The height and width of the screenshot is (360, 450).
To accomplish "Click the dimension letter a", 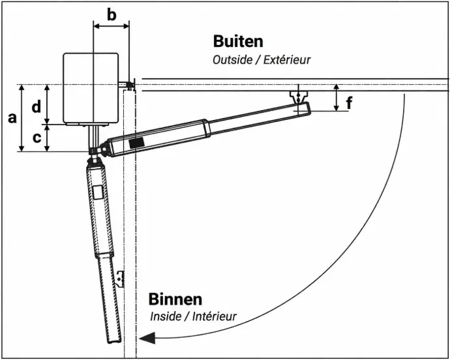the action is (x=12, y=118).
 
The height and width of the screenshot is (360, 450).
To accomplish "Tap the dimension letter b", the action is (x=112, y=14).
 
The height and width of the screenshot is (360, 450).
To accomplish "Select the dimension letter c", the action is (x=37, y=138).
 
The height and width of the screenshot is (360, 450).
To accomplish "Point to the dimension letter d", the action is (x=37, y=106).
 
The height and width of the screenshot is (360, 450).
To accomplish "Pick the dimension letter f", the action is (x=349, y=102).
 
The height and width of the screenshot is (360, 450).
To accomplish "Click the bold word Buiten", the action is (x=238, y=41).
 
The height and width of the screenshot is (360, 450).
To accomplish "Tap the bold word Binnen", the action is (x=175, y=299).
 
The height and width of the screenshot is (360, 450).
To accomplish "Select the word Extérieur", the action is (x=287, y=60).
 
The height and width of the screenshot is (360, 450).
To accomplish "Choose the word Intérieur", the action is (x=215, y=316).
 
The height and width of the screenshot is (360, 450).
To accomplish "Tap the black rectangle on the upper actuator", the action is (x=136, y=143).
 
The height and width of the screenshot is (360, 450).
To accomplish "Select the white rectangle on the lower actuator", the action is (x=98, y=192).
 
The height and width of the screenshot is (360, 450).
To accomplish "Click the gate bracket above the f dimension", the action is (x=299, y=97).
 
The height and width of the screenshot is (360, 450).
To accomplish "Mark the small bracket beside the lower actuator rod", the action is (x=120, y=278).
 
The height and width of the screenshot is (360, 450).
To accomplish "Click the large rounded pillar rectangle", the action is (x=91, y=89).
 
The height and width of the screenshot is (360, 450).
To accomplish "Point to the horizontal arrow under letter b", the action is (x=112, y=26).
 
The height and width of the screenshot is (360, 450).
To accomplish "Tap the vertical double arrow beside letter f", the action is (x=337, y=98).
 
